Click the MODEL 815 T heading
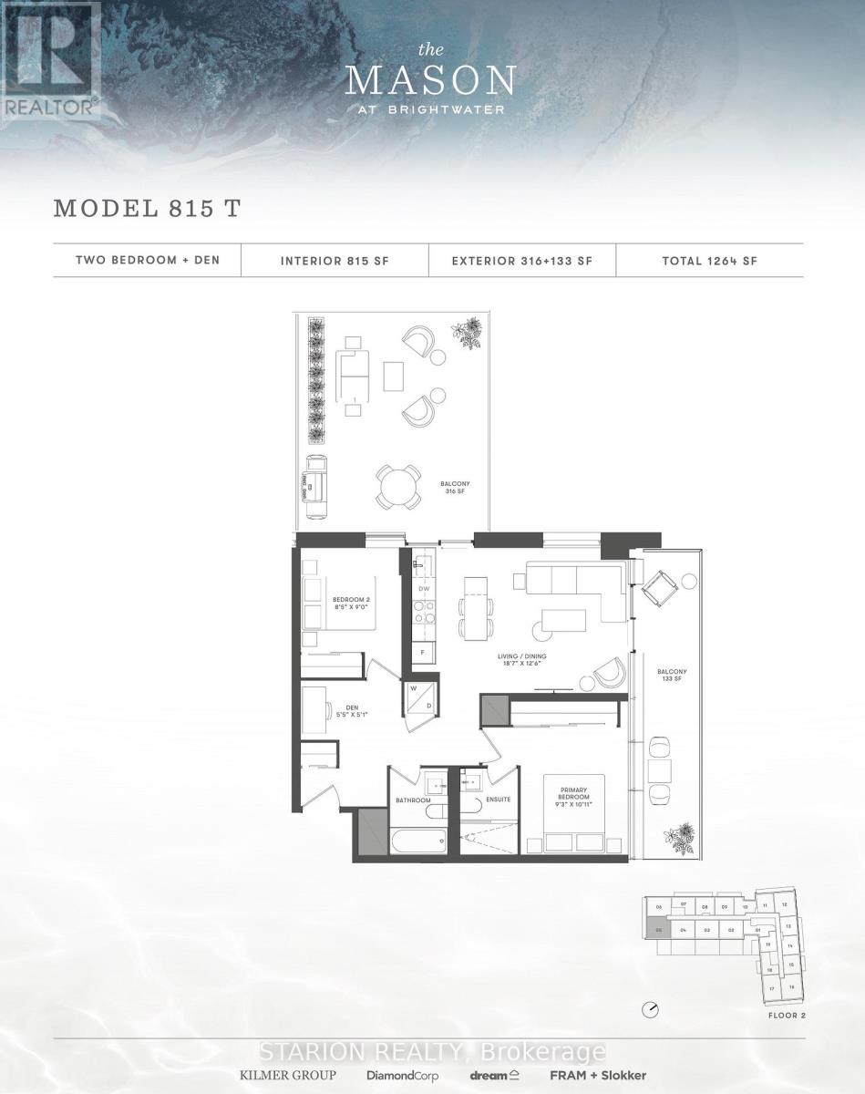[x=147, y=208]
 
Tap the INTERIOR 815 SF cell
[x=335, y=261]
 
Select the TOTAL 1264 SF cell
[x=710, y=261]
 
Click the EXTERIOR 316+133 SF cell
[x=522, y=261]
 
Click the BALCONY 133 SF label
[x=672, y=676]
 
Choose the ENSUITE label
[x=497, y=800]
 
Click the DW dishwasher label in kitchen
[x=423, y=589]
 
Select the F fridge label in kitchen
[x=422, y=653]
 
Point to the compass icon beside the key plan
[x=650, y=1009]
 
